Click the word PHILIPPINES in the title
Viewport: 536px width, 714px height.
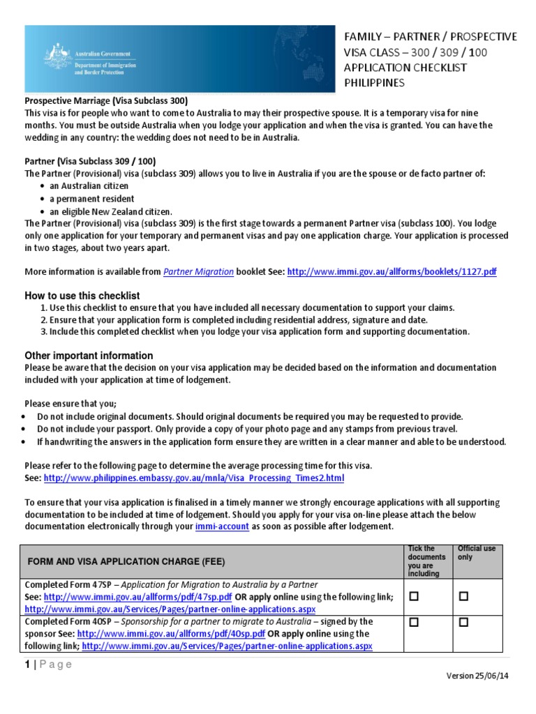pyautogui.click(x=375, y=83)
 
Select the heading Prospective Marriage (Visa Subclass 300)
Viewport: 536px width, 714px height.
pyautogui.click(x=106, y=100)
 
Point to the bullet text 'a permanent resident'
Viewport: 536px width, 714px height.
pyautogui.click(x=92, y=199)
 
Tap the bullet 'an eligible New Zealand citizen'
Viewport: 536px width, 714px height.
pyautogui.click(x=110, y=211)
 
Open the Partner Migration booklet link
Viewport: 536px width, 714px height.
pyautogui.click(x=198, y=272)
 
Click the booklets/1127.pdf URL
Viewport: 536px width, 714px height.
pyautogui.click(x=392, y=272)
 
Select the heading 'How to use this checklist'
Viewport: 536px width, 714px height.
pyautogui.click(x=82, y=296)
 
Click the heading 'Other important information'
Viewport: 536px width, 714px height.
pyautogui.click(x=89, y=355)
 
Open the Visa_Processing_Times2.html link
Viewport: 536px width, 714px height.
pyautogui.click(x=194, y=478)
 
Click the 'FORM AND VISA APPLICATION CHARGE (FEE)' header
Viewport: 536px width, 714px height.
pyautogui.click(x=127, y=561)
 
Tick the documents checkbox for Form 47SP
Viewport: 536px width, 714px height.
pyautogui.click(x=413, y=597)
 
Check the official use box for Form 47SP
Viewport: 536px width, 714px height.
pyautogui.click(x=463, y=597)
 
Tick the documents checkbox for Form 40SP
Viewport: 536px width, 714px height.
pyautogui.click(x=413, y=623)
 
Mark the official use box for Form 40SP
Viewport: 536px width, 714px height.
pyautogui.click(x=463, y=623)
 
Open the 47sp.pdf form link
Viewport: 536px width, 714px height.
pyautogui.click(x=137, y=598)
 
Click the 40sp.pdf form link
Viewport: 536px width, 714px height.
pyautogui.click(x=171, y=634)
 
